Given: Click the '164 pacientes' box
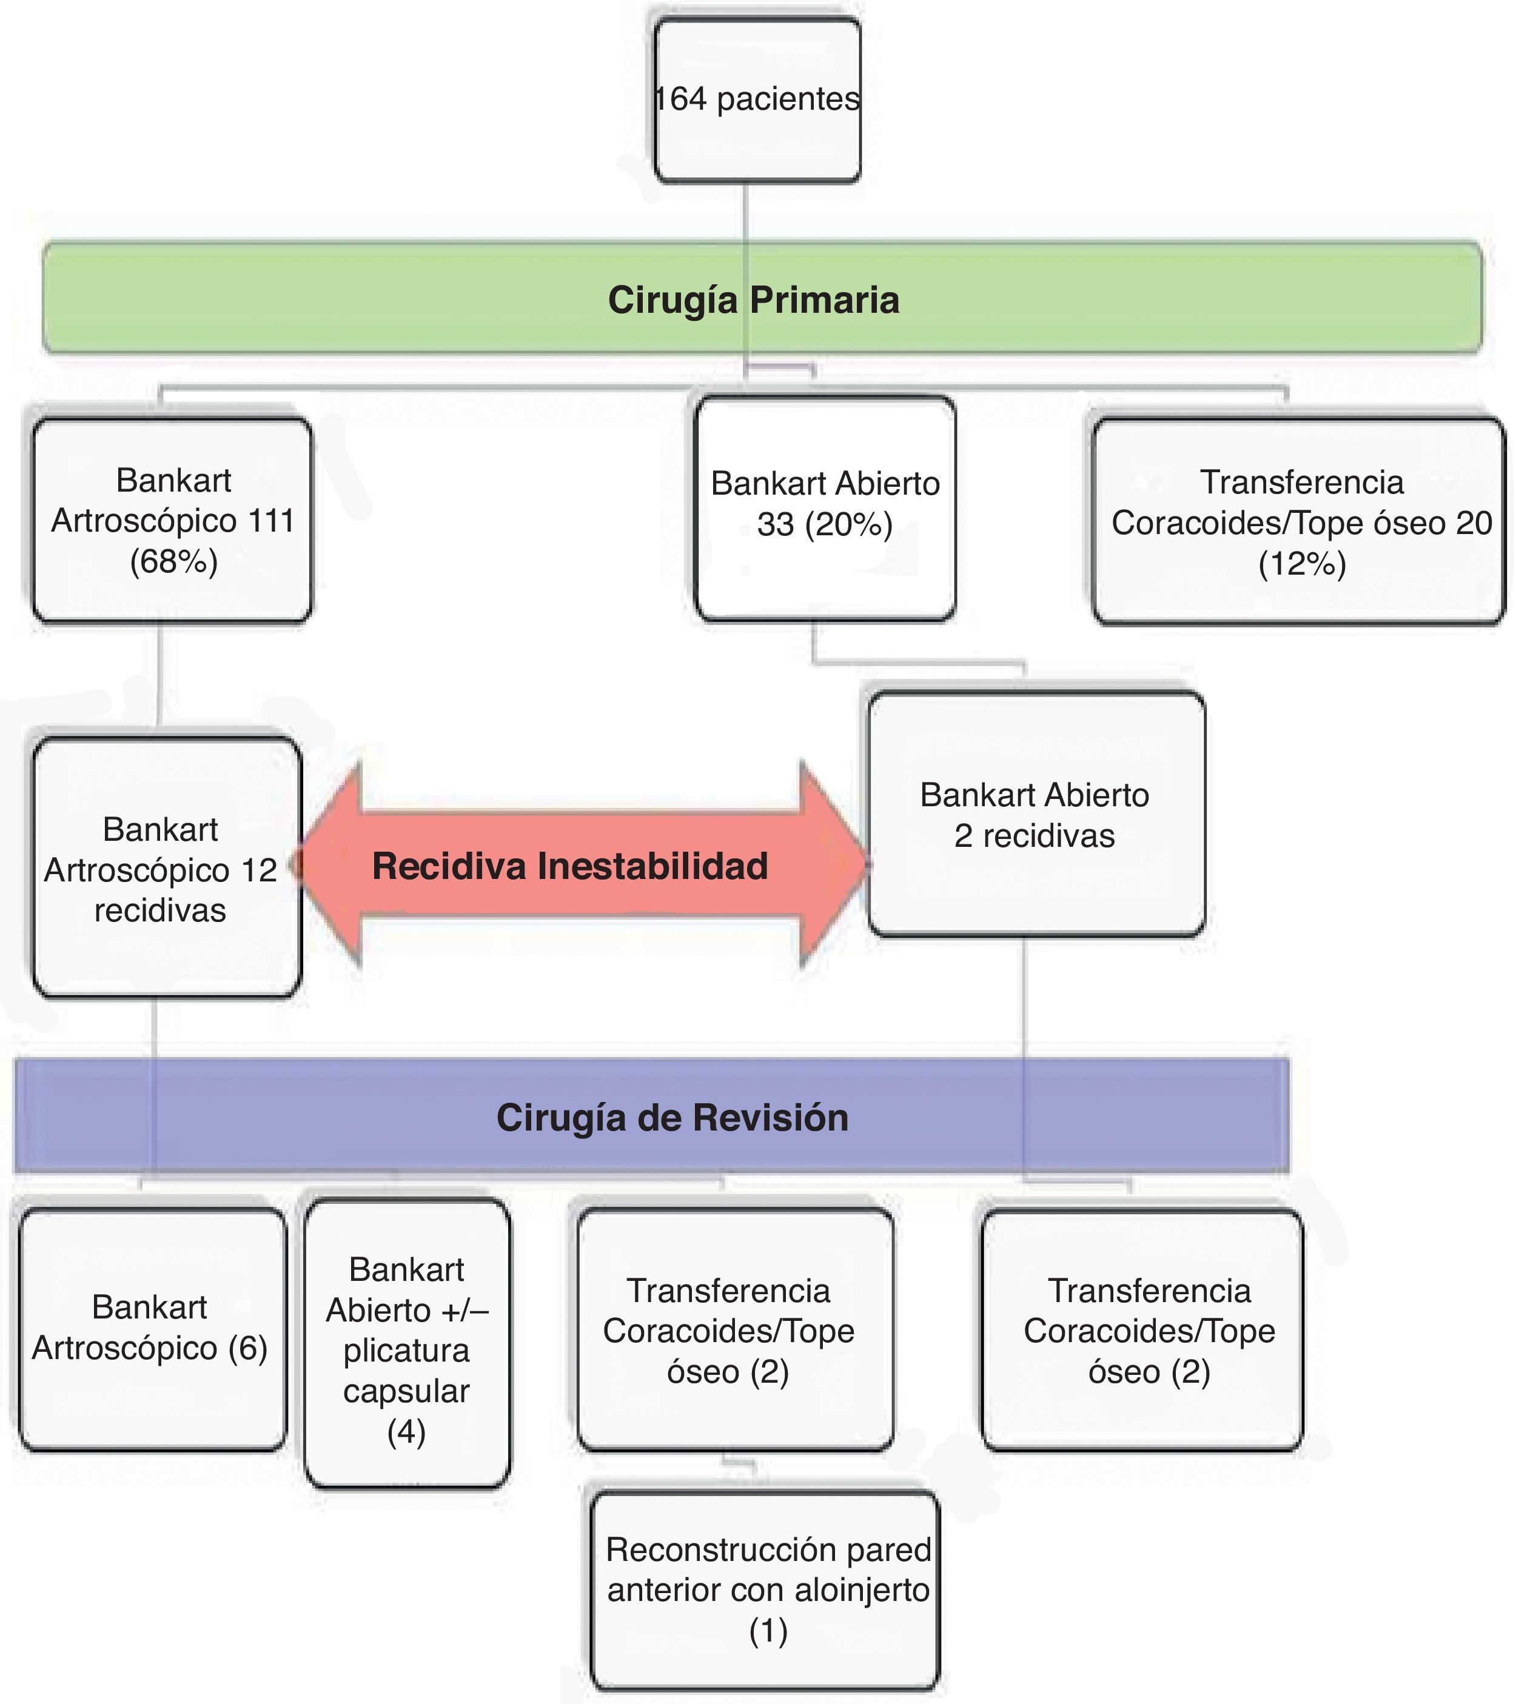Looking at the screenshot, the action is tap(757, 100).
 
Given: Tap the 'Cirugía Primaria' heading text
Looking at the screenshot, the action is tap(754, 300).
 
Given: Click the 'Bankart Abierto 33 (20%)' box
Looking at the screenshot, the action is tap(825, 509).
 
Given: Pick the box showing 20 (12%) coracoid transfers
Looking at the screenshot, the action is tap(1299, 522).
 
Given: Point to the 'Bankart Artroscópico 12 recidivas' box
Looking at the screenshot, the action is tap(167, 867).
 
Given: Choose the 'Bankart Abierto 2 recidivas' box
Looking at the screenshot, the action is tap(1036, 815).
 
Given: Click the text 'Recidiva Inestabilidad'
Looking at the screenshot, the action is tap(571, 866).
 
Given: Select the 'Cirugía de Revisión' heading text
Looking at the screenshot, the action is tap(672, 1118).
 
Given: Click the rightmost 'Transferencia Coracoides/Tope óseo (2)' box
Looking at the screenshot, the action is tap(1142, 1331).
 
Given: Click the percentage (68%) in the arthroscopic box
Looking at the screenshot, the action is tap(173, 561).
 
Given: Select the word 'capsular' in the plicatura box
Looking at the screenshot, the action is tap(406, 1391).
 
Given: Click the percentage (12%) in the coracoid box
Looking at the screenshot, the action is tap(1302, 564).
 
